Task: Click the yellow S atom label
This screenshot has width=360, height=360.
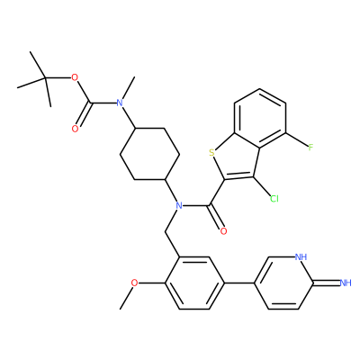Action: [212, 153]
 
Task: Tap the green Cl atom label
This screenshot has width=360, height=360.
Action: [274, 199]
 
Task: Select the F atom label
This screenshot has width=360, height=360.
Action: [310, 148]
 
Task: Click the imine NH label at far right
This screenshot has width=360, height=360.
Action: [346, 283]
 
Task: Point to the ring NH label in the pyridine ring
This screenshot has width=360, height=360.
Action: [301, 256]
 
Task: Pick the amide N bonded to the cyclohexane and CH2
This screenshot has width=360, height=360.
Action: [179, 206]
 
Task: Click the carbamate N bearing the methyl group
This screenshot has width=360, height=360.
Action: [120, 103]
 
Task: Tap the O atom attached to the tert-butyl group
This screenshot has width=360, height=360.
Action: [75, 77]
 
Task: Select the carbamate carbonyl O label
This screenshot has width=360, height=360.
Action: [75, 129]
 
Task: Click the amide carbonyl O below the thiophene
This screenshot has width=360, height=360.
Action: [223, 231]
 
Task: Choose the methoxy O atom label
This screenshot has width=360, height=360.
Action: [135, 283]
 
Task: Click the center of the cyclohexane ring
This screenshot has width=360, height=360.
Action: [149, 154]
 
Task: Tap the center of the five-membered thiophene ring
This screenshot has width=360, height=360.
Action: [237, 160]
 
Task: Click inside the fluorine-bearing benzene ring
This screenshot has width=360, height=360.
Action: [260, 118]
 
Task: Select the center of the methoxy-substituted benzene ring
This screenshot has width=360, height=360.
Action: [194, 283]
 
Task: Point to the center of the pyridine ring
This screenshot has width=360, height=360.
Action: [283, 283]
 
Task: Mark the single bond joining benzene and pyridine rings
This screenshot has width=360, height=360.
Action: [239, 283]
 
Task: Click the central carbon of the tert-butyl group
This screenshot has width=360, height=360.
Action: [45, 78]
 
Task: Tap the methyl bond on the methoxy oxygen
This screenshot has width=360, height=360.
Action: [126, 297]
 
